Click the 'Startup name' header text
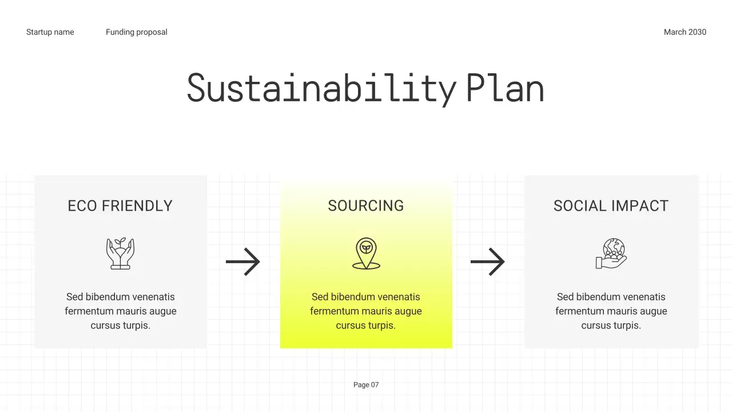pos(50,32)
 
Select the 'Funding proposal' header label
pos(137,32)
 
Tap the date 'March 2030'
pos(685,32)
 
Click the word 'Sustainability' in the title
pos(321,89)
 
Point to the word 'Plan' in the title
pos(504,89)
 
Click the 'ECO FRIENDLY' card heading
pos(120,206)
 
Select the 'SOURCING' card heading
pos(366,206)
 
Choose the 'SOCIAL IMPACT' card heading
pos(611,206)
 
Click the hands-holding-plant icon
pos(120,253)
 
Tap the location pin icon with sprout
pos(366,253)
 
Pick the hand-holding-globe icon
pos(611,253)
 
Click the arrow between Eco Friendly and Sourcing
pos(243,262)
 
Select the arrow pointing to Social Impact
pos(488,262)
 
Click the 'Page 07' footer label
pos(366,385)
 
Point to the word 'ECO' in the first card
pos(82,206)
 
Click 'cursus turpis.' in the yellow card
pos(366,326)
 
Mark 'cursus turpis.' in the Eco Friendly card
pos(120,326)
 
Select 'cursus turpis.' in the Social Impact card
pos(611,326)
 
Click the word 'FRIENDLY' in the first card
pos(137,206)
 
